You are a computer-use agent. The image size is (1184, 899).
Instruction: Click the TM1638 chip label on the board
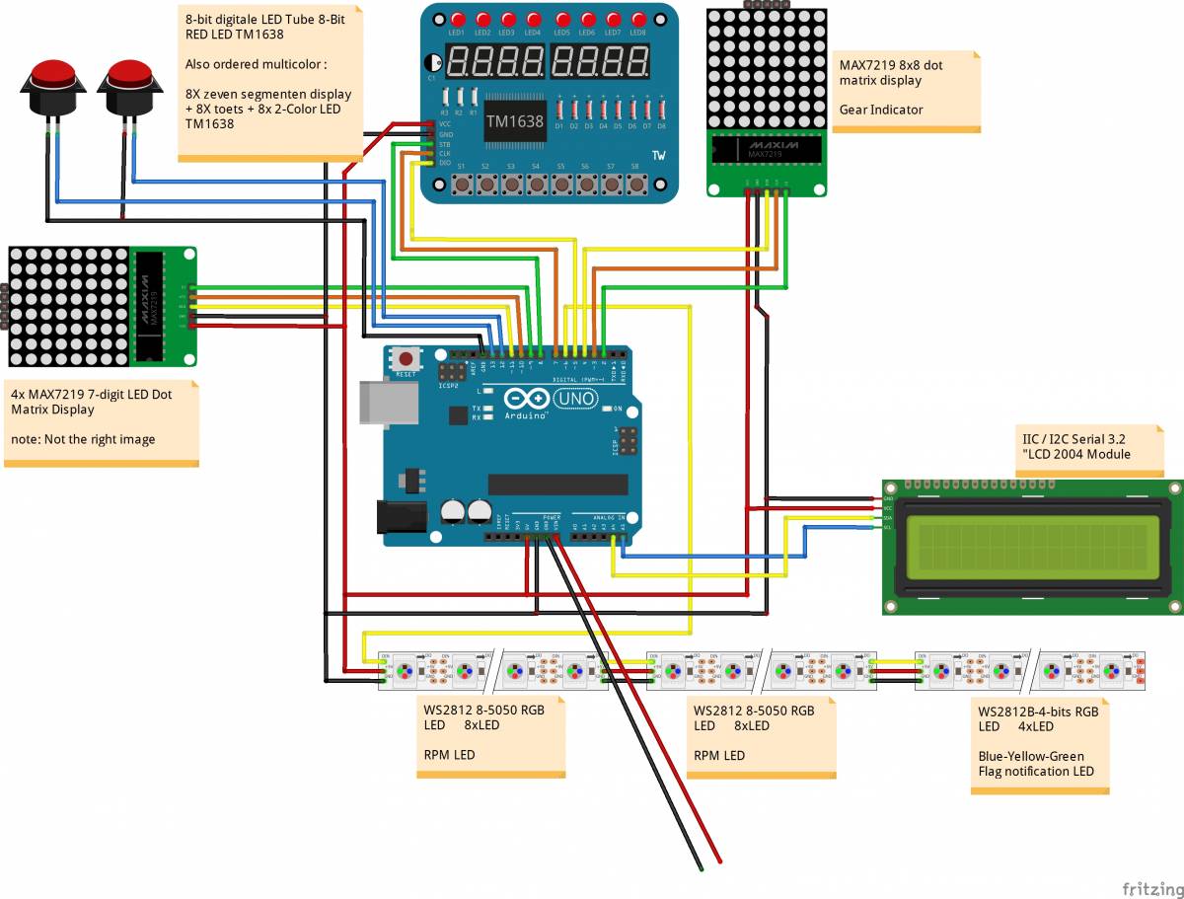513,120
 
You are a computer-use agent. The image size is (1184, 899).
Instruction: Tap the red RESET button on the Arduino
406,358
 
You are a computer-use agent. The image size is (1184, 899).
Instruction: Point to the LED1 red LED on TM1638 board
458,20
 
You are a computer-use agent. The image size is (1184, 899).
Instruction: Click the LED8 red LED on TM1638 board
637,20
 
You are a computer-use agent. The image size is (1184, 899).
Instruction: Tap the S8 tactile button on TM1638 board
636,184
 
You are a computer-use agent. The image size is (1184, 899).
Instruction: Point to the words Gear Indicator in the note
881,110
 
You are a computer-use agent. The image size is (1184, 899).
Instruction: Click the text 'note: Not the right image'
83,439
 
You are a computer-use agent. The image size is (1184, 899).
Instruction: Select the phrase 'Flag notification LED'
1036,771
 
